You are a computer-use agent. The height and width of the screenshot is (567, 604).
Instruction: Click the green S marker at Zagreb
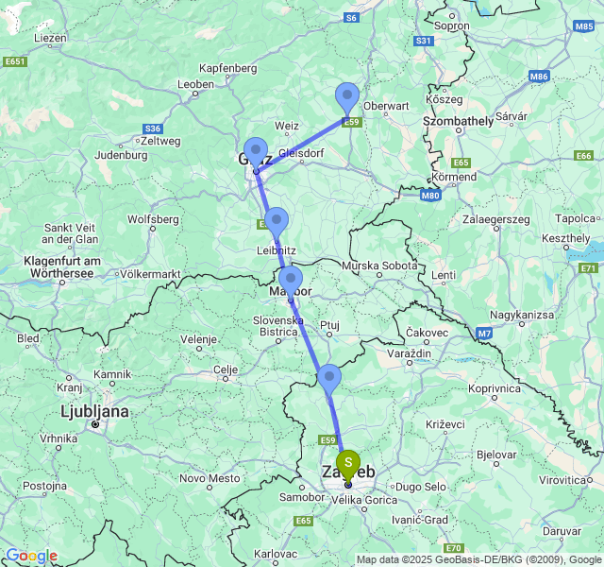coord(348,463)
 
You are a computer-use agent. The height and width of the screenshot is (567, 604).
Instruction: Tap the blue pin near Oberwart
coord(348,98)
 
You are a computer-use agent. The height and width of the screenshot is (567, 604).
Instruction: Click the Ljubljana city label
coord(93,412)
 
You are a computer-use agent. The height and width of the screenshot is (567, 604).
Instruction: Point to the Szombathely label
coord(458,121)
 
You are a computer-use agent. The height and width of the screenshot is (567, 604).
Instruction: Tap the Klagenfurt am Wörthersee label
coord(62,266)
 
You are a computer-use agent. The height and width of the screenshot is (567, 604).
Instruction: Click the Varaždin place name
coord(409,352)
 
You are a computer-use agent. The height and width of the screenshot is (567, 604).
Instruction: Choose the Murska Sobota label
coord(379,266)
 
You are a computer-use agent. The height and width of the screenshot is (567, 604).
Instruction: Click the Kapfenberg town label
coord(228,69)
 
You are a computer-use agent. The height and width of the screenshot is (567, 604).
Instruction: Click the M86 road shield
coord(539,76)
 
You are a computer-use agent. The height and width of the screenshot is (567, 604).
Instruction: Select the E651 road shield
coord(15,61)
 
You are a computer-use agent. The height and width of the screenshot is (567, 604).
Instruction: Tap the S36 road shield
coord(152,129)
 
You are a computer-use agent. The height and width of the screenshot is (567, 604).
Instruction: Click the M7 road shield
coord(484,334)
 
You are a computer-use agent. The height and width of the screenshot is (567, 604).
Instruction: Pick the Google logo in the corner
coord(31,556)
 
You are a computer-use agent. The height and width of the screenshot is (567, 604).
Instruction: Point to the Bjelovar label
coord(496,455)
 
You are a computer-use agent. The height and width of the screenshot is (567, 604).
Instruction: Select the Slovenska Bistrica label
coord(277,326)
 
